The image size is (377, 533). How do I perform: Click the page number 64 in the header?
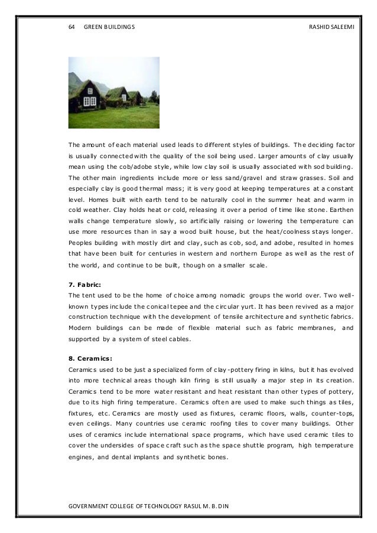(72, 27)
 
